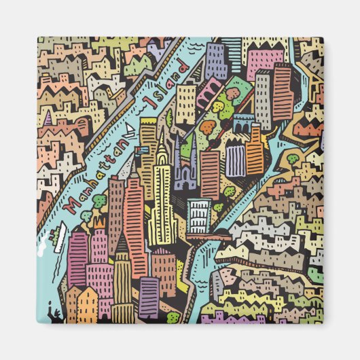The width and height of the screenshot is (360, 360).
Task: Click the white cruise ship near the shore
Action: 57,238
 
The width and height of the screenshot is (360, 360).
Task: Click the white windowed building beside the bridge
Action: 199,216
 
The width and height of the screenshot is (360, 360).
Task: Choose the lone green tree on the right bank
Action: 292,159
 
